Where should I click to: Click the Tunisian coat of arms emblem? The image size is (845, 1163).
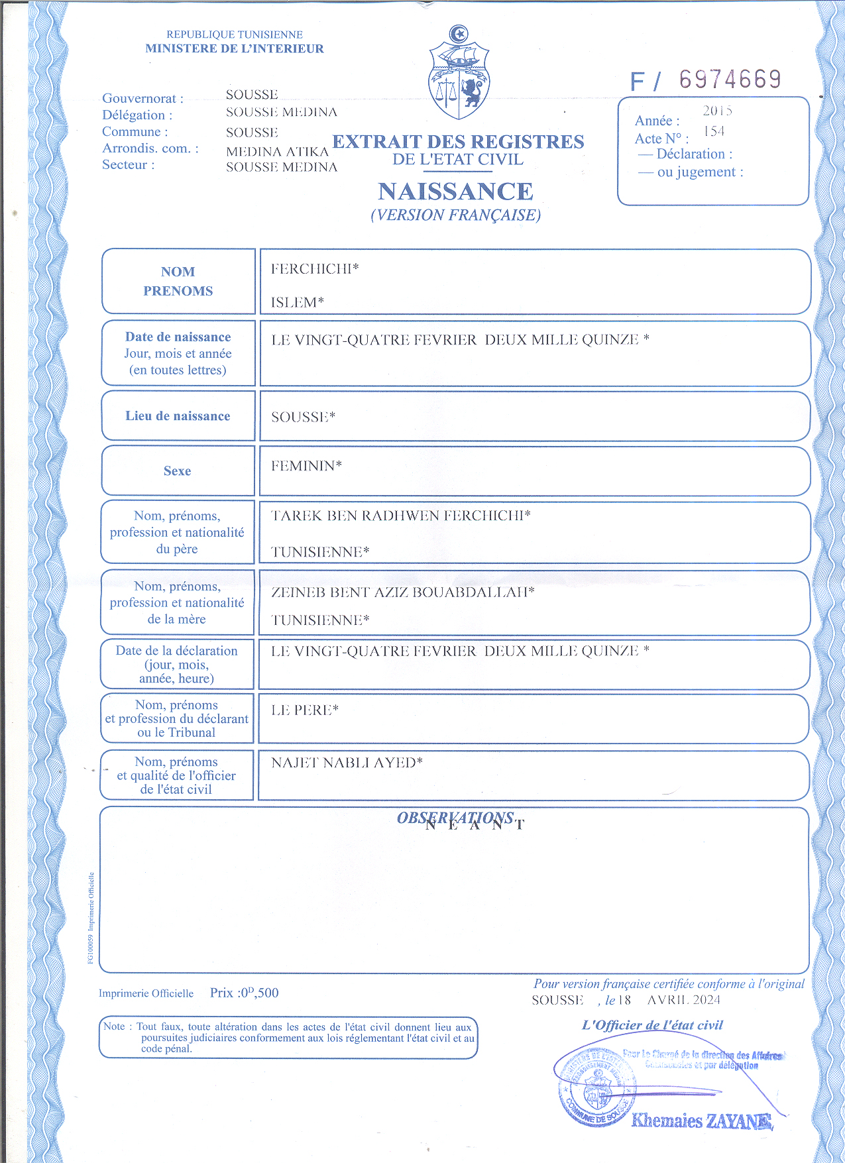[x=459, y=74]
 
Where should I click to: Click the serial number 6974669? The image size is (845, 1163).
[x=730, y=80]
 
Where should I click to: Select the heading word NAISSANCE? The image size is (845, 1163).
[x=455, y=192]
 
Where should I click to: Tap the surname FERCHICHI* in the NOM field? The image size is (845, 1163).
[x=315, y=268]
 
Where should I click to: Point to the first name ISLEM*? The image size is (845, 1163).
[x=297, y=302]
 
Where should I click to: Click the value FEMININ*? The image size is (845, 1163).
[x=306, y=466]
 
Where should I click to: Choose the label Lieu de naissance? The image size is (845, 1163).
[x=178, y=416]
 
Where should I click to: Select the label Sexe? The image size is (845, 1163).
[x=177, y=471]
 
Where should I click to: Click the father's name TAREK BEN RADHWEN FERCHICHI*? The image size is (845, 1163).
[x=400, y=516]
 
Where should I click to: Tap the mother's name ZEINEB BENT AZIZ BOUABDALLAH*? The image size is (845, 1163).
[x=402, y=592]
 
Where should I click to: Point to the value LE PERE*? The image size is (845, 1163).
[x=304, y=710]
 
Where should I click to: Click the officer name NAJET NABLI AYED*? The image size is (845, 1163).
[x=347, y=763]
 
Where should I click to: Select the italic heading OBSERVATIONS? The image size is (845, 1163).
[x=455, y=818]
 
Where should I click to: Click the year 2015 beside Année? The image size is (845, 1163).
[x=717, y=111]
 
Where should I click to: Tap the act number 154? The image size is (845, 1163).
[x=714, y=131]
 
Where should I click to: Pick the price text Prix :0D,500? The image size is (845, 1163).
[x=244, y=993]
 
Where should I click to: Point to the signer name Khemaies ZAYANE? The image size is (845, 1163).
[x=701, y=1121]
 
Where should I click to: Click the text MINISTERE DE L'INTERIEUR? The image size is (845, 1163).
[x=235, y=48]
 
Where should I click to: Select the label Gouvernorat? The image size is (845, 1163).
[x=142, y=99]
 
